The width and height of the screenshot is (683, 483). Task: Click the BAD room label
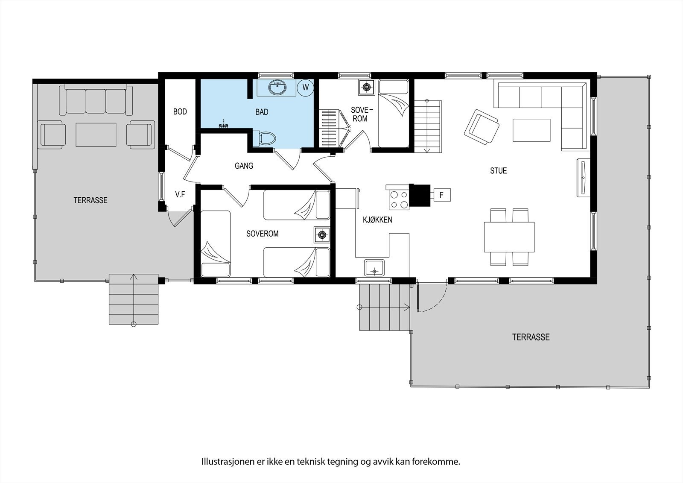click(x=262, y=112)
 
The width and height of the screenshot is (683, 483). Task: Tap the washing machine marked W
click(x=306, y=87)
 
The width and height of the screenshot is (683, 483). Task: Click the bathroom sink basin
click(x=277, y=88)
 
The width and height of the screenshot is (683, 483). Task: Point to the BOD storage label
click(x=180, y=112)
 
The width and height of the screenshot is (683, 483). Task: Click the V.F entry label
click(x=180, y=195)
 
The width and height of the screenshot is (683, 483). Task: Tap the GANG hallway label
click(x=244, y=166)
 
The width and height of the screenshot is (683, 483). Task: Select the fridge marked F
click(x=442, y=195)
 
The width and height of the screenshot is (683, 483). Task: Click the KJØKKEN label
click(x=377, y=220)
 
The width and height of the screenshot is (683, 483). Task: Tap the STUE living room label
click(x=498, y=171)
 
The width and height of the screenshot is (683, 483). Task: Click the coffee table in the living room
click(x=531, y=130)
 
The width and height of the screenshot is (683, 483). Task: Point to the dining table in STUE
click(x=509, y=237)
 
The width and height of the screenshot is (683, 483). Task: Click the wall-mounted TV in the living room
click(x=583, y=177)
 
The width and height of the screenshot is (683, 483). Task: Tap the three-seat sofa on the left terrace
click(x=96, y=101)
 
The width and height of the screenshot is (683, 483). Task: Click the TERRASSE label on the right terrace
click(x=531, y=337)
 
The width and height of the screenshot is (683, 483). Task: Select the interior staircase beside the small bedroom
click(x=427, y=126)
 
